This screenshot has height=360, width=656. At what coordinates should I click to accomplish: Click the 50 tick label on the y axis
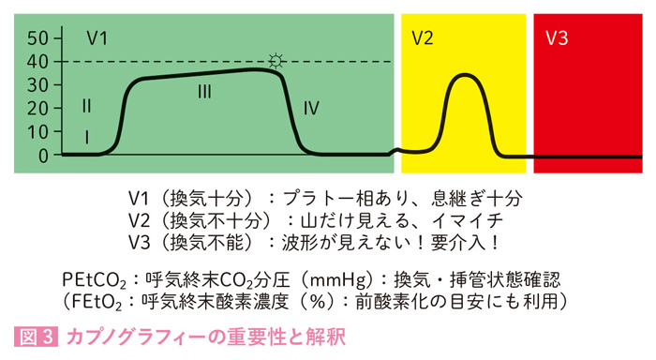(x=37, y=38)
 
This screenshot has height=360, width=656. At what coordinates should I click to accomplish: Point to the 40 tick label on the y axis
(x=37, y=62)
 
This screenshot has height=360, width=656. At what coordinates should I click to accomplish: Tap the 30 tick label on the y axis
(x=37, y=85)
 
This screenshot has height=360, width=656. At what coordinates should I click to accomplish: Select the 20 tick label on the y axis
(x=37, y=109)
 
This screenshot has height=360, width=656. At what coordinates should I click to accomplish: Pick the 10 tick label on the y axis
(x=37, y=132)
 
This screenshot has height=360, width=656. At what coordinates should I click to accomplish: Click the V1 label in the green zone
(x=97, y=38)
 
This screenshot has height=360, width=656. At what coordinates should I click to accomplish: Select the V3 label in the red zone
(x=557, y=38)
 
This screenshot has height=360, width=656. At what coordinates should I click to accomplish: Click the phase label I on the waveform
(x=86, y=137)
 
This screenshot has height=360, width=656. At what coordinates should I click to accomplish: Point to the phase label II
(x=86, y=104)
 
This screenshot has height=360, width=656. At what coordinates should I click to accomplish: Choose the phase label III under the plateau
(x=205, y=92)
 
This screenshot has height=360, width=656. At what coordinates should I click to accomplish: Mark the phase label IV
(x=312, y=109)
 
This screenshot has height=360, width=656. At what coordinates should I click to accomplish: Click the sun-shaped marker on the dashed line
(x=276, y=61)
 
